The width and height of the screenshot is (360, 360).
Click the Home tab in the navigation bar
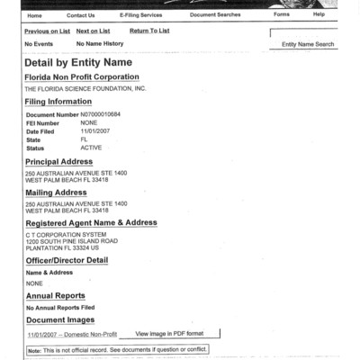34,15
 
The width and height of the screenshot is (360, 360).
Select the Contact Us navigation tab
80,15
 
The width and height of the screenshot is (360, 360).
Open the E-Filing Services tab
140,15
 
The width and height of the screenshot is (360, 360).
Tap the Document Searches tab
214,15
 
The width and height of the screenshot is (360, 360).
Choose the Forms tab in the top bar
282,15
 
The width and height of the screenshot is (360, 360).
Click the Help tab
319,15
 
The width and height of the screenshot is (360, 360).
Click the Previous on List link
47,31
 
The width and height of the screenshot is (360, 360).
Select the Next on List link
93,31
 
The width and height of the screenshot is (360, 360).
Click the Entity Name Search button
308,44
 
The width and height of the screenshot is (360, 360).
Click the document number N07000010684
101,116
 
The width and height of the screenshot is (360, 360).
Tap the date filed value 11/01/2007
94,131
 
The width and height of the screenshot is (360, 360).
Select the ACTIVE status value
92,147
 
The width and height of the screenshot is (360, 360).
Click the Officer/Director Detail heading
67,260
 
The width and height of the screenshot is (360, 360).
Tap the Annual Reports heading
55,295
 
